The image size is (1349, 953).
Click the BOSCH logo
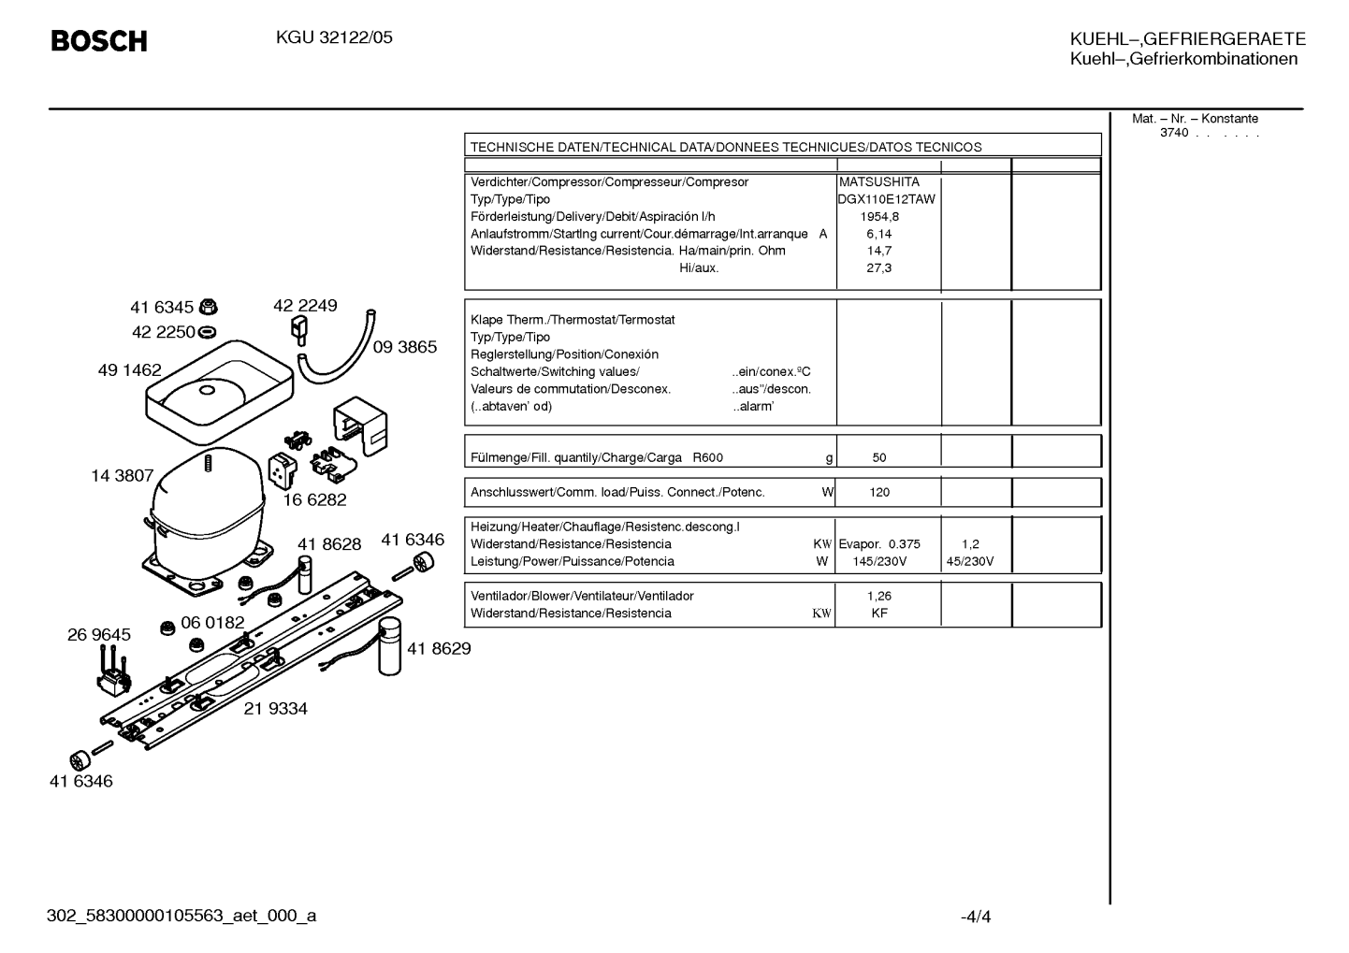pos(99,41)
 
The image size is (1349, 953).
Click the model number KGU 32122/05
pos(334,37)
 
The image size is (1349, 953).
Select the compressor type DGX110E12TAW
pos(887,199)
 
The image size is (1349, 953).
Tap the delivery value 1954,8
pos(879,217)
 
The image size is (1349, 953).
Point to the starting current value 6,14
pos(879,234)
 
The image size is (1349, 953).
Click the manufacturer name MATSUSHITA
pos(879,181)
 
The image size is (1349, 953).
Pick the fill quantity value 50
pos(879,457)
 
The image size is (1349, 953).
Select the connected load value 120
pos(879,493)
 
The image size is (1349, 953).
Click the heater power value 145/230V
pos(879,562)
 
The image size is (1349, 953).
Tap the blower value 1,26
pos(879,596)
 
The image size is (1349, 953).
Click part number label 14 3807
pos(123,476)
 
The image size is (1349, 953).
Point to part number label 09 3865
pos(405,347)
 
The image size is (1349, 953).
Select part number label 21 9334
pos(275,709)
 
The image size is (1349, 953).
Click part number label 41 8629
pos(439,648)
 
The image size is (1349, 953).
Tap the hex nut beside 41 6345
pos(208,307)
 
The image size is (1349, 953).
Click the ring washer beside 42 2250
pos(207,332)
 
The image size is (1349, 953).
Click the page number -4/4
pos(976,917)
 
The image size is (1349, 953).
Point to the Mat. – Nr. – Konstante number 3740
pos(1174,133)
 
